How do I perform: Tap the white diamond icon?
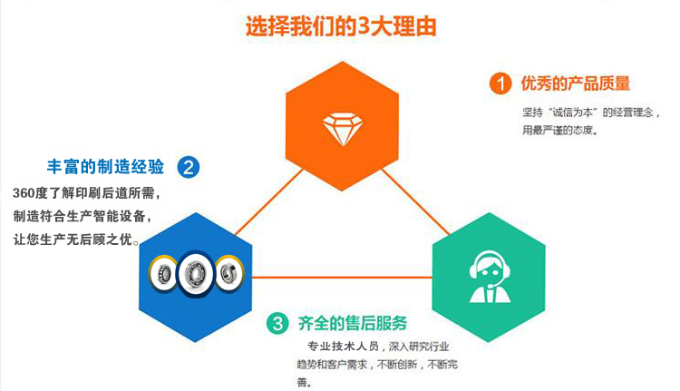click(340, 129)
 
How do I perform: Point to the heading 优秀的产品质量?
click(575, 84)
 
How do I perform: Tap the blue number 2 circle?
click(189, 167)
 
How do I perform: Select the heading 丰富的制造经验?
click(105, 167)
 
